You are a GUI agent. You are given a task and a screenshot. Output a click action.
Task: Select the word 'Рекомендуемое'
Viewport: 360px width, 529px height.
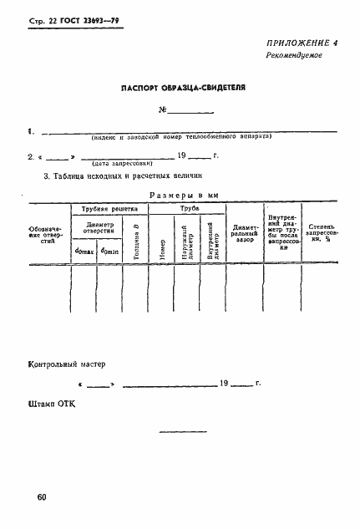[293, 79]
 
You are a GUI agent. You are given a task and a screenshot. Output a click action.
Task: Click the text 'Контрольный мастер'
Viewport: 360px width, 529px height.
[68, 364]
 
